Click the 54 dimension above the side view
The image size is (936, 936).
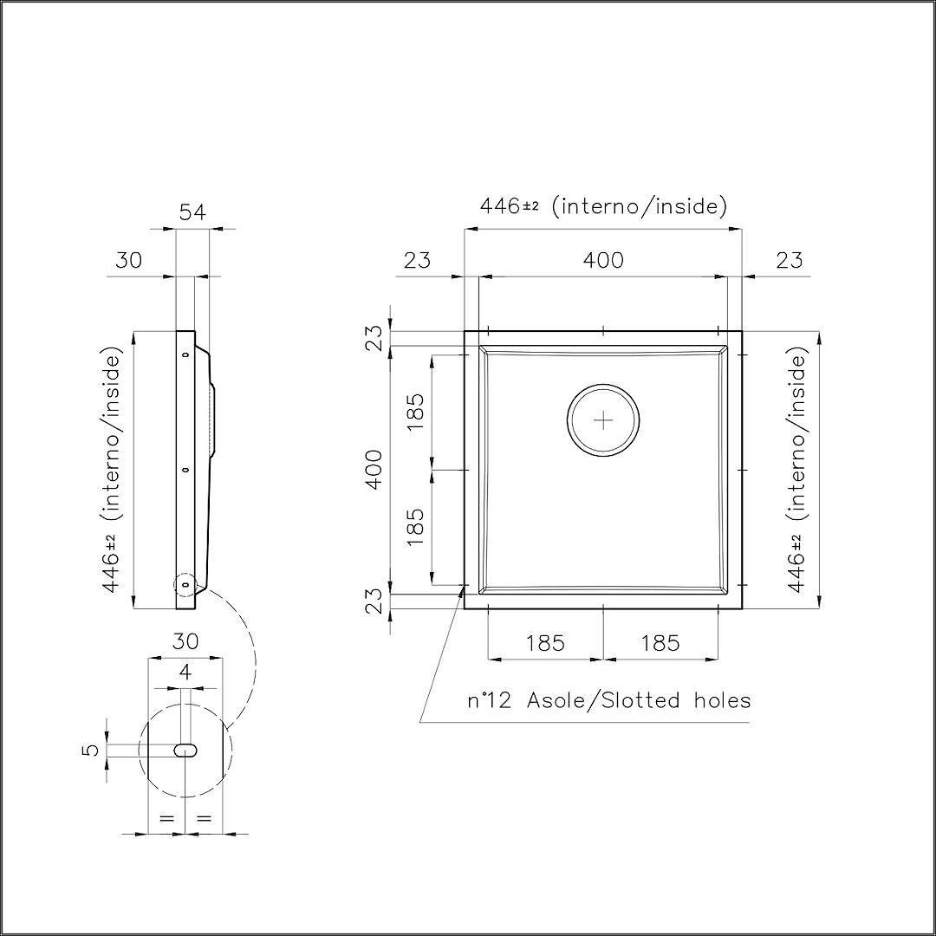tap(192, 212)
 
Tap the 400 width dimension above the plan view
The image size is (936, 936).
tap(603, 260)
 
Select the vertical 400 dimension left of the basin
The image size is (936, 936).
tap(374, 469)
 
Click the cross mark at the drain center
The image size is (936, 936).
tap(603, 421)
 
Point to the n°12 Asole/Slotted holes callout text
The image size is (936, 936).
tap(609, 699)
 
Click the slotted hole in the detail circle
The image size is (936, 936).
tap(185, 751)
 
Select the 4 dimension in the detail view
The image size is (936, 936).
tap(185, 673)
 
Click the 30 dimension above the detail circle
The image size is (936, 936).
tap(185, 641)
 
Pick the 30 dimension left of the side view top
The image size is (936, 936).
tap(129, 260)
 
